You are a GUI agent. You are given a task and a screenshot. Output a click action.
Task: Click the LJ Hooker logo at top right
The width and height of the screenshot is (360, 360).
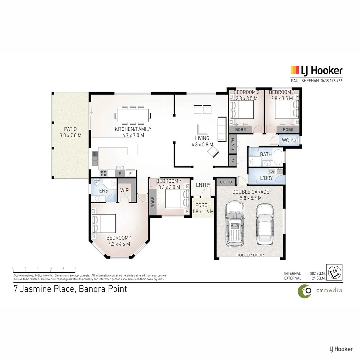tap(316, 70)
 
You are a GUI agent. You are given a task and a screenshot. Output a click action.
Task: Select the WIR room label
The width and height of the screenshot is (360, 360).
tap(124, 190)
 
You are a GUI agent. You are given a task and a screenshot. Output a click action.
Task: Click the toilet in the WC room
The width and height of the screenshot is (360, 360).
tap(295, 140)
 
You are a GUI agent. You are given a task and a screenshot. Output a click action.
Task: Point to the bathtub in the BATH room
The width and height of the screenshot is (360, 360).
tap(277, 159)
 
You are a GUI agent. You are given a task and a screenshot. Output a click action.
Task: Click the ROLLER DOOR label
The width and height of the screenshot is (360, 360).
tap(250, 255)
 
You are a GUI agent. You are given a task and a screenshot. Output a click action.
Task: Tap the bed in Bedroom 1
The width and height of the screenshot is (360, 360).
tap(104, 224)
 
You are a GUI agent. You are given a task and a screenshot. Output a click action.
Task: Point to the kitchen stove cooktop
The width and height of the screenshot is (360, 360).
tap(103, 173)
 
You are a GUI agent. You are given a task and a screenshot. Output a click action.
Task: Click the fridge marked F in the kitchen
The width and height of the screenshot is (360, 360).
tap(130, 173)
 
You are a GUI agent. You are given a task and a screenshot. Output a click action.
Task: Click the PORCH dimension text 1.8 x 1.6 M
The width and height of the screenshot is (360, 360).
tap(203, 211)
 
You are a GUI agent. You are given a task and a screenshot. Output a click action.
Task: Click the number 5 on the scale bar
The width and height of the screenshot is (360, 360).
tap(76, 268)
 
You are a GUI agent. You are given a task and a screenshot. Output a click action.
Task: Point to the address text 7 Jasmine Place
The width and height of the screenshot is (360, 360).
tap(44, 288)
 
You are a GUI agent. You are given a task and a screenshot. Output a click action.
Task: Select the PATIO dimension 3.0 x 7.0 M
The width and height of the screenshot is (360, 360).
tap(70, 135)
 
